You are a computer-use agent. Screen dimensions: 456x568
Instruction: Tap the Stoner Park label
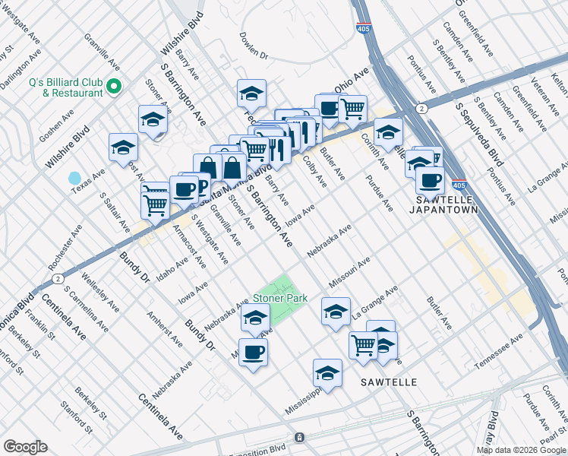coord(280,298)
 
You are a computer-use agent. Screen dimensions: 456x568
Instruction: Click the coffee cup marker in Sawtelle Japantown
coord(430,181)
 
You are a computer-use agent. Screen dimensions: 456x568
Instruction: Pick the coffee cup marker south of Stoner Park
coord(253,352)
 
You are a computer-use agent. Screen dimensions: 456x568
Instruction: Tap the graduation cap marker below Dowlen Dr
coord(251,93)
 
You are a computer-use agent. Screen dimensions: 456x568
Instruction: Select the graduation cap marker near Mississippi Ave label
coord(327,373)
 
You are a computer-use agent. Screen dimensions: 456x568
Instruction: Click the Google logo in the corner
coord(25,447)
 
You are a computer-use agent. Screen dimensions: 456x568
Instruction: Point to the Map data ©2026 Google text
coord(522,450)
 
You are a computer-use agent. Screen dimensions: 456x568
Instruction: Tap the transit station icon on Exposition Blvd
coord(300,439)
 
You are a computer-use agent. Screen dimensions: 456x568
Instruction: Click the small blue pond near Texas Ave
coord(74,179)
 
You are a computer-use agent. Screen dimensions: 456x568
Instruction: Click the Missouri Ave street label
coord(349,271)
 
